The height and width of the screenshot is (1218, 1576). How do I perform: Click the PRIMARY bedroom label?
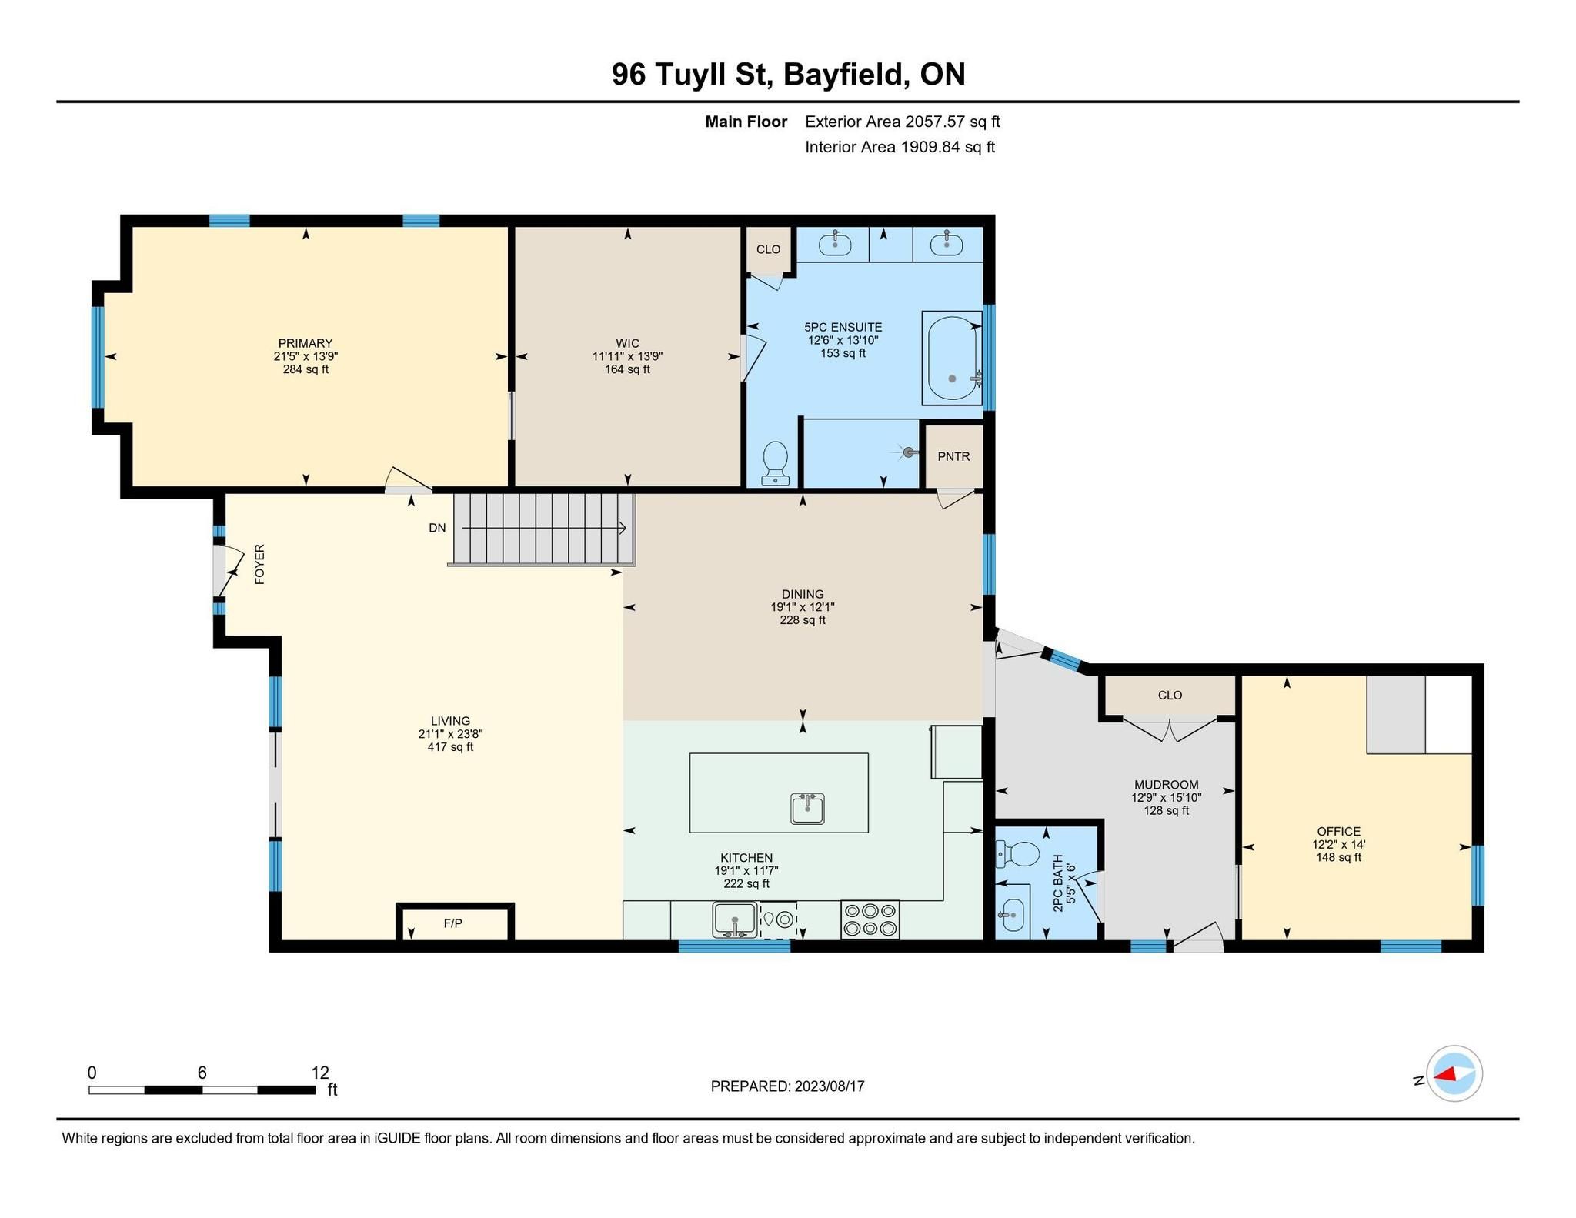(x=306, y=343)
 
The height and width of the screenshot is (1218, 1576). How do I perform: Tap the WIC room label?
(x=627, y=343)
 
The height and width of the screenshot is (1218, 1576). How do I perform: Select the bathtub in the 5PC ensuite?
(x=953, y=358)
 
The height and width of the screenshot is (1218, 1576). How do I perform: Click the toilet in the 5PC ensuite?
(x=775, y=462)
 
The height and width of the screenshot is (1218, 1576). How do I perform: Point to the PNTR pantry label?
(x=953, y=456)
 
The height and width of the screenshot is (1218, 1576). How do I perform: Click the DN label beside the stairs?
(x=437, y=528)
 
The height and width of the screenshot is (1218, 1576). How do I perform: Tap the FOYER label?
(x=260, y=564)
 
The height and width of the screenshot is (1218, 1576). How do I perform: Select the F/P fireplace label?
(x=453, y=923)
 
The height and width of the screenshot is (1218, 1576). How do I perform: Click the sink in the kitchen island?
(x=807, y=809)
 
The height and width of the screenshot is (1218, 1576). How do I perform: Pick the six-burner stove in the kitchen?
(x=870, y=919)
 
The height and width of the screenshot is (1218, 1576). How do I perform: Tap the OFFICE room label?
(x=1339, y=831)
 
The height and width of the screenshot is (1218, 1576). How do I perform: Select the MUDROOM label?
(x=1167, y=785)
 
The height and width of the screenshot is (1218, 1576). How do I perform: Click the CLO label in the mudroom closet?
(x=1170, y=695)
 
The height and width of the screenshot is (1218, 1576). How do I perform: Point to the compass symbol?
(x=1454, y=1073)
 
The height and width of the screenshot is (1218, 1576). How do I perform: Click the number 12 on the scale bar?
(x=320, y=1072)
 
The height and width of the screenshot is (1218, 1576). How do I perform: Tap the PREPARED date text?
(x=787, y=1086)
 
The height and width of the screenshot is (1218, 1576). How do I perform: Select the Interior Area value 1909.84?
(x=930, y=147)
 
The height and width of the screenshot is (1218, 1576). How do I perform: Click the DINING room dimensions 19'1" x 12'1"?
(x=803, y=607)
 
